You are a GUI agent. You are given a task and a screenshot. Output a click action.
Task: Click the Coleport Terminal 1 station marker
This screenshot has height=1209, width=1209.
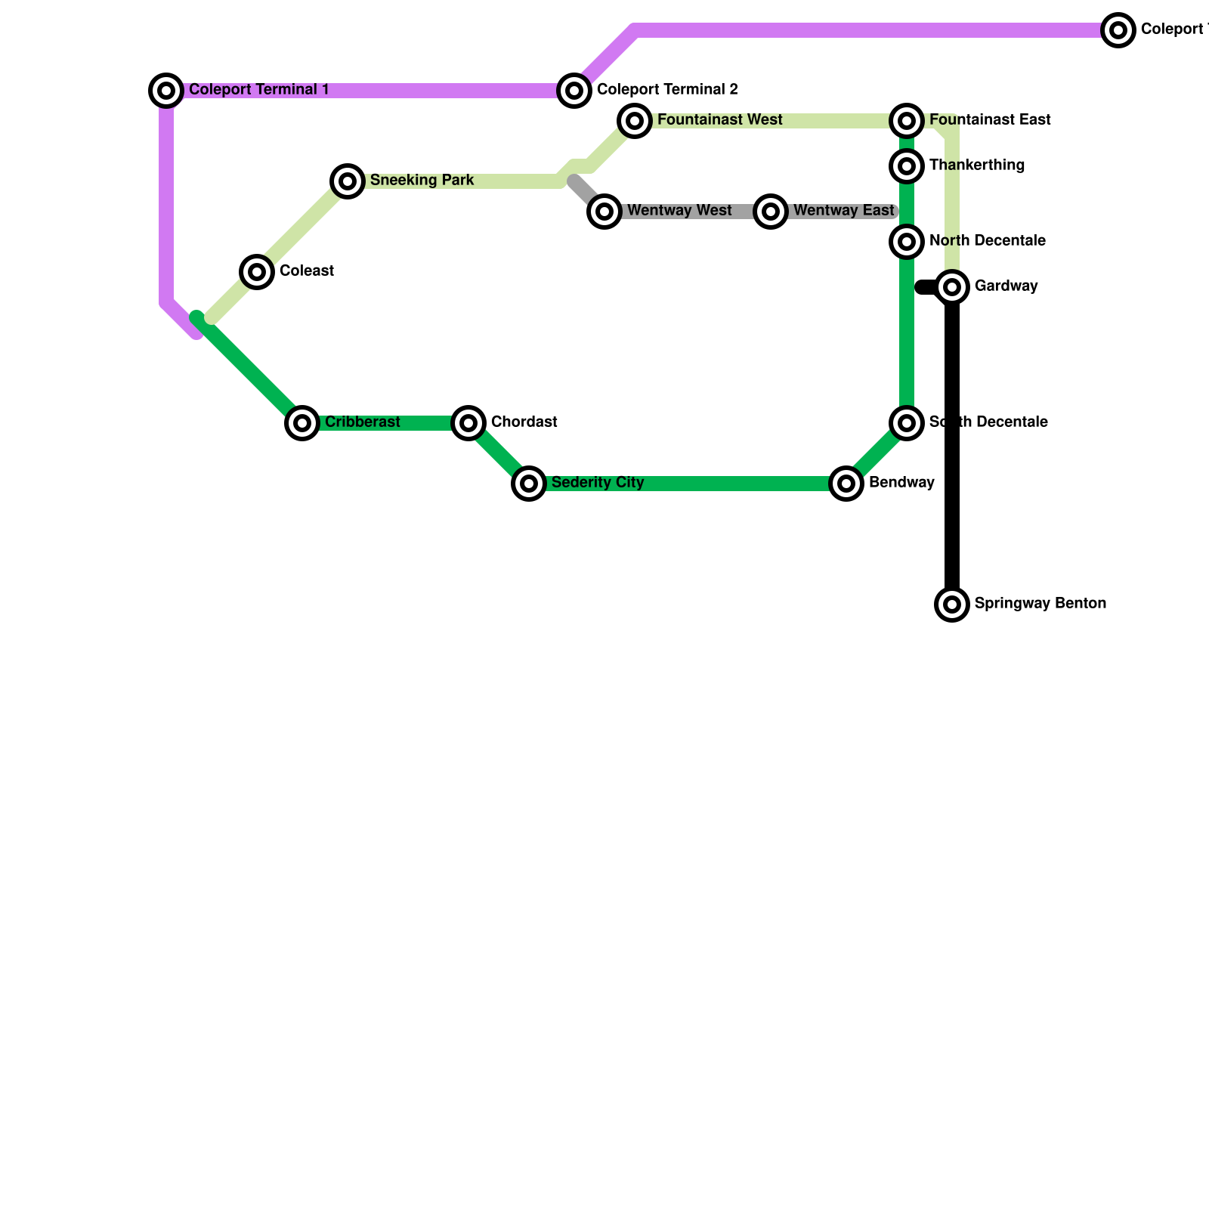tap(166, 91)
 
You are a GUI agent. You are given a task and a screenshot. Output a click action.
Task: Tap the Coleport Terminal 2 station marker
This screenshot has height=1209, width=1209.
tap(574, 91)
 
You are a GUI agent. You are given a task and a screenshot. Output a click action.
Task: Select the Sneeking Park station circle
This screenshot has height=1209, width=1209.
tap(348, 181)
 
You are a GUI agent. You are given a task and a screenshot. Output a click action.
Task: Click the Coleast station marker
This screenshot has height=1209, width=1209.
tap(257, 272)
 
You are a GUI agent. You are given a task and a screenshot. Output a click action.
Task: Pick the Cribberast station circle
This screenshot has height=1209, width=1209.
tap(302, 423)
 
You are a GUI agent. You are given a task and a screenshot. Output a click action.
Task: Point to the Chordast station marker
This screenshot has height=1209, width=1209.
tap(468, 423)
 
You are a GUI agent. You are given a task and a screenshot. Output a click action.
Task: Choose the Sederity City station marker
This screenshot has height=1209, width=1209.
tap(529, 484)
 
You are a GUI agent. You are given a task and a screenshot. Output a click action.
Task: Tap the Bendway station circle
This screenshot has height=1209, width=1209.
tap(846, 484)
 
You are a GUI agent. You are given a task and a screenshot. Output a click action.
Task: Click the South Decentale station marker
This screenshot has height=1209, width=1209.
tap(907, 423)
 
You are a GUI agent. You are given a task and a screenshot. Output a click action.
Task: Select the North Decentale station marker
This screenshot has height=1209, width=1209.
tap(907, 242)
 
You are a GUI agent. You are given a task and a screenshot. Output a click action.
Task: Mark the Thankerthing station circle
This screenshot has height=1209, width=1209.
tap(907, 166)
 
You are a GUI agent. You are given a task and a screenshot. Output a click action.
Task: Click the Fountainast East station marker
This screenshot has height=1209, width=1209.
tap(907, 121)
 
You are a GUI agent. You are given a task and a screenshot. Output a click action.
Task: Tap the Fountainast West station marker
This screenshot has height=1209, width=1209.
tap(635, 121)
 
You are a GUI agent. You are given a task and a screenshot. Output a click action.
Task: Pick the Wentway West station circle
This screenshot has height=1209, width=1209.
tap(604, 212)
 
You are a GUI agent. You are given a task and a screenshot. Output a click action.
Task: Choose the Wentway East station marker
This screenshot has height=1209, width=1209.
tap(771, 212)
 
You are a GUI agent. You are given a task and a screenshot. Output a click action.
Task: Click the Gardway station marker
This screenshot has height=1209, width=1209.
tap(952, 287)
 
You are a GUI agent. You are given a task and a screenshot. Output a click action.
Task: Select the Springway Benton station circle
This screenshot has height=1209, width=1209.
tap(952, 604)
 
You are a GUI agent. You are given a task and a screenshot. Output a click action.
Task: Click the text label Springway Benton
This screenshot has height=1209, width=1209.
tap(1040, 604)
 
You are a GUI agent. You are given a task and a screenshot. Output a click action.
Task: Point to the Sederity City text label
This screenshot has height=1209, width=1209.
tap(598, 483)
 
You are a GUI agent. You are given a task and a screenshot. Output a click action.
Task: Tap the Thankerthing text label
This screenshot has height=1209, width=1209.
tap(976, 165)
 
